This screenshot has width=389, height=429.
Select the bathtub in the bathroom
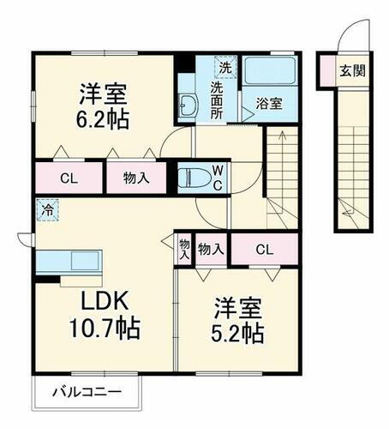point(268,71)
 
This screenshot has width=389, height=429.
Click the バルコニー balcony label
point(85,394)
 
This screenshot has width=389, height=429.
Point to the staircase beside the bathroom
point(281,172)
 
